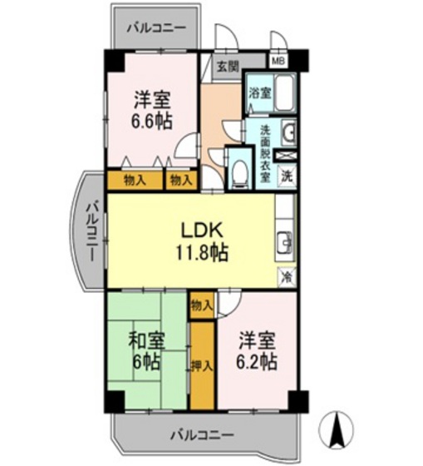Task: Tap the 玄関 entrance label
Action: (227, 67)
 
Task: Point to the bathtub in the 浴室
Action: (283, 92)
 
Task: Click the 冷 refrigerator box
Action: (286, 275)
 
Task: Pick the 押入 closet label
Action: (200, 364)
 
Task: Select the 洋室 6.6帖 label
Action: (152, 109)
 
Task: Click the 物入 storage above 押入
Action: (201, 305)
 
